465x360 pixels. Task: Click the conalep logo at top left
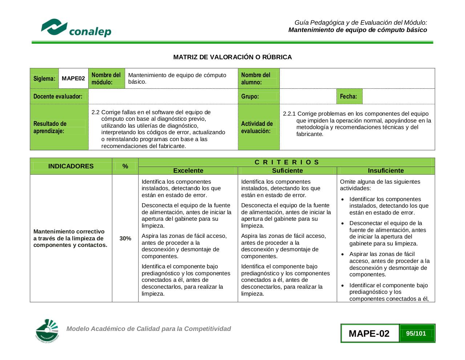click(76, 28)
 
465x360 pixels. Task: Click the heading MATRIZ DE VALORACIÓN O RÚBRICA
click(232, 57)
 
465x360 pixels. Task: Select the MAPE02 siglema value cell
click(73, 79)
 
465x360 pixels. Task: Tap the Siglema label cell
click(44, 79)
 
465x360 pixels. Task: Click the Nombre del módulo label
click(106, 79)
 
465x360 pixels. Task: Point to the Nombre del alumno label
click(256, 79)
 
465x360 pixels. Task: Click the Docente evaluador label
click(58, 96)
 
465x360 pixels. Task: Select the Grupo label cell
click(250, 96)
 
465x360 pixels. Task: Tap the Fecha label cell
click(348, 96)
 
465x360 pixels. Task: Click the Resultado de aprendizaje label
click(50, 127)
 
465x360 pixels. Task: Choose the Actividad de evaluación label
click(257, 127)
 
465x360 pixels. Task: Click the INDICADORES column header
click(71, 166)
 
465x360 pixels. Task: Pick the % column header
click(125, 166)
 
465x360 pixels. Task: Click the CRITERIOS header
click(287, 162)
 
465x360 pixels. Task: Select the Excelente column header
click(188, 171)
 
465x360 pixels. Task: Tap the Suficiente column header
click(287, 171)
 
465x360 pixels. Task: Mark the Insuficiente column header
click(386, 171)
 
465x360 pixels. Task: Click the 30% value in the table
click(125, 239)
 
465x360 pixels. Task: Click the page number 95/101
click(416, 333)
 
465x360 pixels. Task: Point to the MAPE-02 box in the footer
click(369, 333)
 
